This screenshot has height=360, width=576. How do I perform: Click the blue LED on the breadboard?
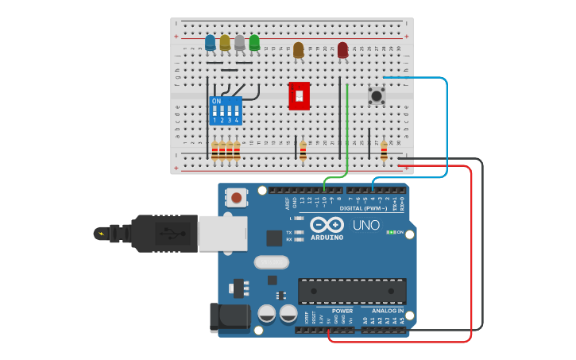[210, 42]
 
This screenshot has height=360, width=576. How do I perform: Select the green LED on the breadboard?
[254, 42]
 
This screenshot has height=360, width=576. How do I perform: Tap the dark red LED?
[342, 50]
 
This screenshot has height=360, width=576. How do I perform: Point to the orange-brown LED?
[299, 50]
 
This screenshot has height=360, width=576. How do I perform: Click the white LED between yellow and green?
[240, 42]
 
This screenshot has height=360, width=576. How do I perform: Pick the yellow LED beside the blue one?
[225, 42]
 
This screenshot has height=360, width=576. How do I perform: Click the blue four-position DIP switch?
[226, 110]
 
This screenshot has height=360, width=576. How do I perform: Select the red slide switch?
[299, 95]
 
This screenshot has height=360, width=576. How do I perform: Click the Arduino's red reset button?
[237, 196]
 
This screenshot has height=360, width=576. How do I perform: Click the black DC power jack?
[227, 317]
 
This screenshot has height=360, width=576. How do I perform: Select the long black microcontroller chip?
[352, 291]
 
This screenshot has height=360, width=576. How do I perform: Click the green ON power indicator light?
[391, 232]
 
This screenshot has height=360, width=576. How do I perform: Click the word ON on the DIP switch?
[216, 102]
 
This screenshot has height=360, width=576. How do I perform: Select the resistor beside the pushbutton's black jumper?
[385, 150]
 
